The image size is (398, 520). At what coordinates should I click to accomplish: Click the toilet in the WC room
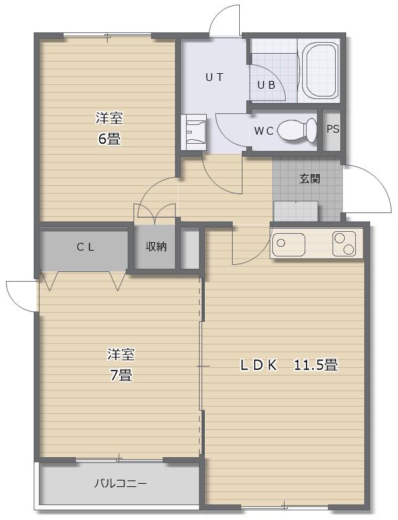tap(297, 130)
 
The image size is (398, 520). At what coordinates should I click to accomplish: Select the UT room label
tap(214, 78)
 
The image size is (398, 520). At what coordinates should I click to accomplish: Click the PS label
tap(333, 129)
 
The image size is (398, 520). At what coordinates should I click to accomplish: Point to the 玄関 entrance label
tap(310, 179)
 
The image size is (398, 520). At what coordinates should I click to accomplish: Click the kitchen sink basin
tap(288, 244)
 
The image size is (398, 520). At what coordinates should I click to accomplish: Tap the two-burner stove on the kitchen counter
tap(344, 243)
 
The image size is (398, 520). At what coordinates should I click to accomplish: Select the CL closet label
tap(86, 247)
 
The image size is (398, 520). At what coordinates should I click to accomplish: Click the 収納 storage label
tap(156, 247)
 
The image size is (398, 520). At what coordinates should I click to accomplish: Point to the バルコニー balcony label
tap(120, 483)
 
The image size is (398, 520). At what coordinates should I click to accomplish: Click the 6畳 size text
tap(109, 139)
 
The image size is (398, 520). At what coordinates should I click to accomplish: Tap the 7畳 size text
tap(121, 376)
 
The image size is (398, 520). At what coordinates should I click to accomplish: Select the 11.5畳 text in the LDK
tap(316, 365)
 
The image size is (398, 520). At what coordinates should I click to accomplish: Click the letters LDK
tap(259, 365)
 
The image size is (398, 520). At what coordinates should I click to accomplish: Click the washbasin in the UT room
tap(194, 132)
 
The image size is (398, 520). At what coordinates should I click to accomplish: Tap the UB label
tap(266, 85)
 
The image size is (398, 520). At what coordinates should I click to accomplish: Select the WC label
tap(264, 131)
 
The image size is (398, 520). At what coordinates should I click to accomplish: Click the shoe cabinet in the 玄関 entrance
tap(296, 211)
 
